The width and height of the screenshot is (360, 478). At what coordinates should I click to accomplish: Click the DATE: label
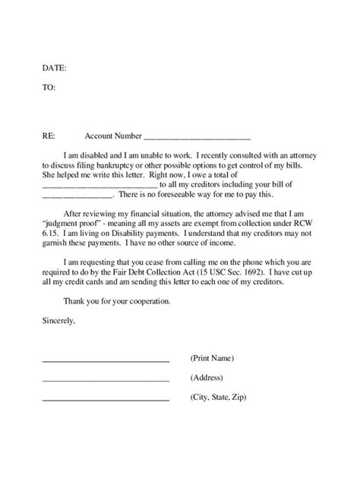[54, 68]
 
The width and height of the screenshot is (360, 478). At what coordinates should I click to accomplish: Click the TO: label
[49, 87]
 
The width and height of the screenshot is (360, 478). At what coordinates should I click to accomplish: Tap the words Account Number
[113, 137]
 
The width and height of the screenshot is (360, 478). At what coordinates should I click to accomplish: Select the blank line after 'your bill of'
[76, 196]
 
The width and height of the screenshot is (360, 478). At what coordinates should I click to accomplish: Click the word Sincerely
[59, 321]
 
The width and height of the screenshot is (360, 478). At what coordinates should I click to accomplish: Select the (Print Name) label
[211, 357]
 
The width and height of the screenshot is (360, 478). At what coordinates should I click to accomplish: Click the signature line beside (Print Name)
[105, 360]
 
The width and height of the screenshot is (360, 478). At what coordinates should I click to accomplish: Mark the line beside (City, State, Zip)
[105, 400]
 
